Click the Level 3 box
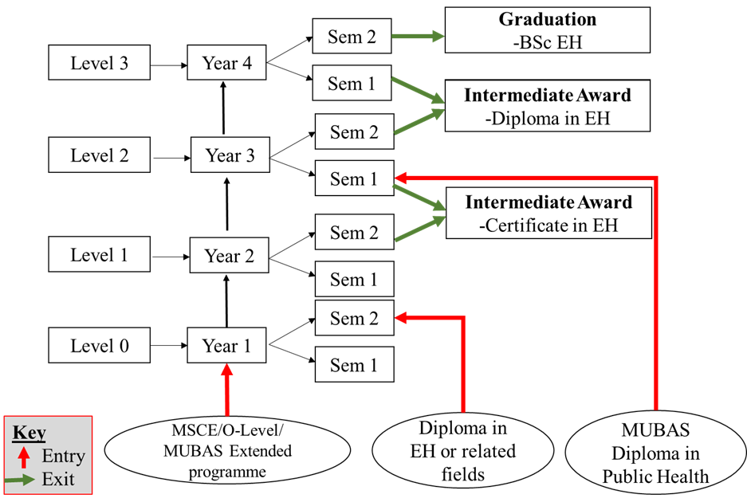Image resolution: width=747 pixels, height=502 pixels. coord(100,63)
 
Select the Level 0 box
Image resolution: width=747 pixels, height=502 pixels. coord(100,347)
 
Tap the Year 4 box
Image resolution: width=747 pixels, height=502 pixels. coord(226,63)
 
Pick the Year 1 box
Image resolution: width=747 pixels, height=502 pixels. coord(226,347)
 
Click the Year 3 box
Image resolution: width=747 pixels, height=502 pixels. coord(230,155)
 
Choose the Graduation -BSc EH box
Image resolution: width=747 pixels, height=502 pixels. coord(548,30)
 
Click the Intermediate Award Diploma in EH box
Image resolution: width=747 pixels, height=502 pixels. coord(547,107)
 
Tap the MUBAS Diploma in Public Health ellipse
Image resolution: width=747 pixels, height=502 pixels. coord(655,454)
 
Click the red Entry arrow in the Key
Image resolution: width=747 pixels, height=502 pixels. coord(24,456)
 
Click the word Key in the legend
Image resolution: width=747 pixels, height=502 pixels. coord(29,433)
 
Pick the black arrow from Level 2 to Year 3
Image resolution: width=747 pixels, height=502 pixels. coord(171,156)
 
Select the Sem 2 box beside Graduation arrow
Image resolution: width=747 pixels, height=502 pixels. coord(352,37)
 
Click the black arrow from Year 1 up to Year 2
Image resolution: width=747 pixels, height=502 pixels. coord(227,300)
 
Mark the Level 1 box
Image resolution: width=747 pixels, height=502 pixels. coord(100,256)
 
